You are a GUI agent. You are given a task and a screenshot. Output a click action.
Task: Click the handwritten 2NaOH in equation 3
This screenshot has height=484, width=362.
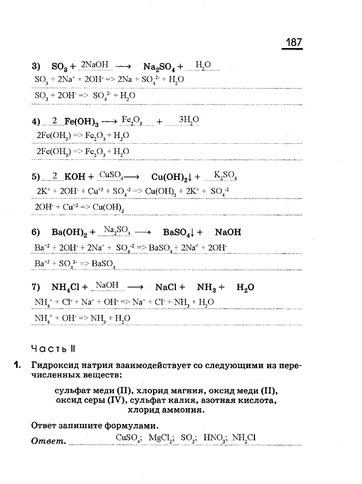(x=95, y=65)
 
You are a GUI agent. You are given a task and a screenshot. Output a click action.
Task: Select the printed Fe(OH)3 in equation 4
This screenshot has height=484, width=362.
(x=82, y=122)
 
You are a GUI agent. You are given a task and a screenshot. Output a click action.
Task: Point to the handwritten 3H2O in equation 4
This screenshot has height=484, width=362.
(x=188, y=119)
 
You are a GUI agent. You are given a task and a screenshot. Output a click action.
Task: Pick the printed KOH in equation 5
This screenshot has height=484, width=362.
(x=77, y=176)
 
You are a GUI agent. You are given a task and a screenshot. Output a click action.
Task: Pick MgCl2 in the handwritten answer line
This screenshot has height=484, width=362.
(x=161, y=438)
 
